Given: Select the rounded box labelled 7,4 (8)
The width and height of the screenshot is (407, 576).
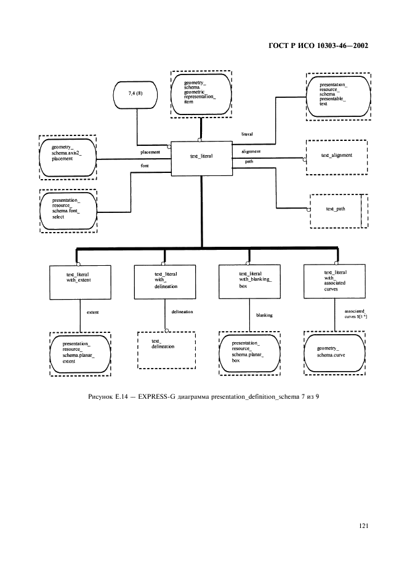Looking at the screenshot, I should [x=136, y=96].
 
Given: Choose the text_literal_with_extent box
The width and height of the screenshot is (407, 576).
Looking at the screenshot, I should [x=80, y=282].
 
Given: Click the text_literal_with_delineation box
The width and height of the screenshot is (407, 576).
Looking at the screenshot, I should [x=164, y=282].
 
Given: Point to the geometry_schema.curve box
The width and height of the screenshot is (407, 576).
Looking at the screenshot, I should [x=336, y=351].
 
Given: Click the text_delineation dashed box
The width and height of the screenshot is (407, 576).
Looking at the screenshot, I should [x=166, y=350].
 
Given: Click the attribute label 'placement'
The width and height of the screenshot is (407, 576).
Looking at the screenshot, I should [x=150, y=152].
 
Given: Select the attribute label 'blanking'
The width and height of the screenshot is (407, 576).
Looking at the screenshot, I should [x=265, y=315].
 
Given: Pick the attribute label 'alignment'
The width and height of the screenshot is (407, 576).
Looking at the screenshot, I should [x=250, y=151].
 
